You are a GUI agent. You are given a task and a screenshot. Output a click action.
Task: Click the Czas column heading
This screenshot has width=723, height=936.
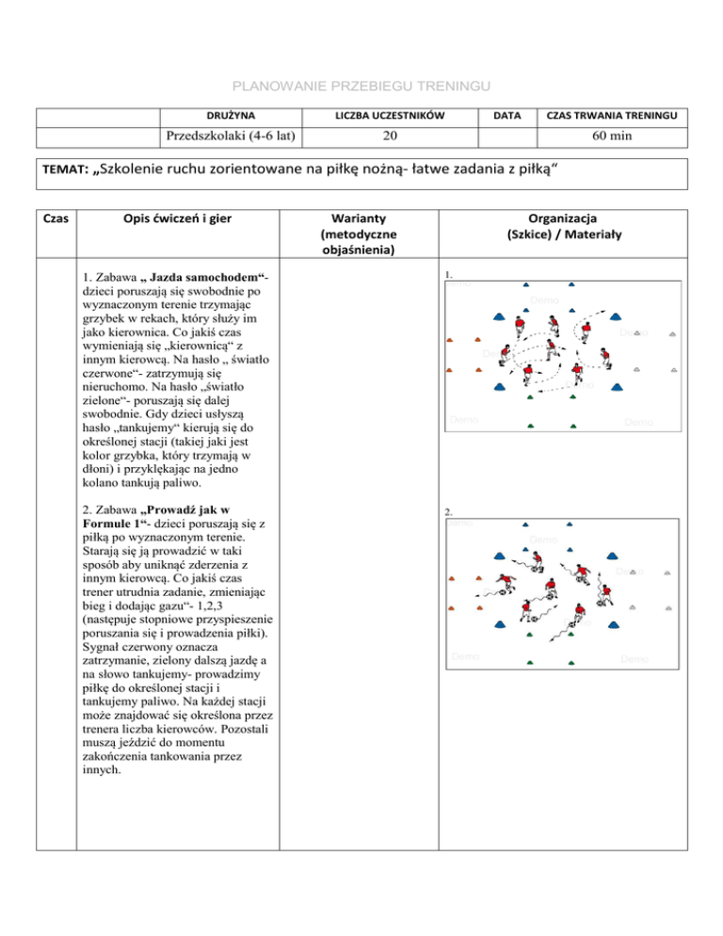56,218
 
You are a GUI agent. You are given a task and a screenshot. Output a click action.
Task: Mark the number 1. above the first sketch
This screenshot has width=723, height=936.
450,276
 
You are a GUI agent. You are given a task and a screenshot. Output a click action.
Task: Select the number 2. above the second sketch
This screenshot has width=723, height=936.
450,513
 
